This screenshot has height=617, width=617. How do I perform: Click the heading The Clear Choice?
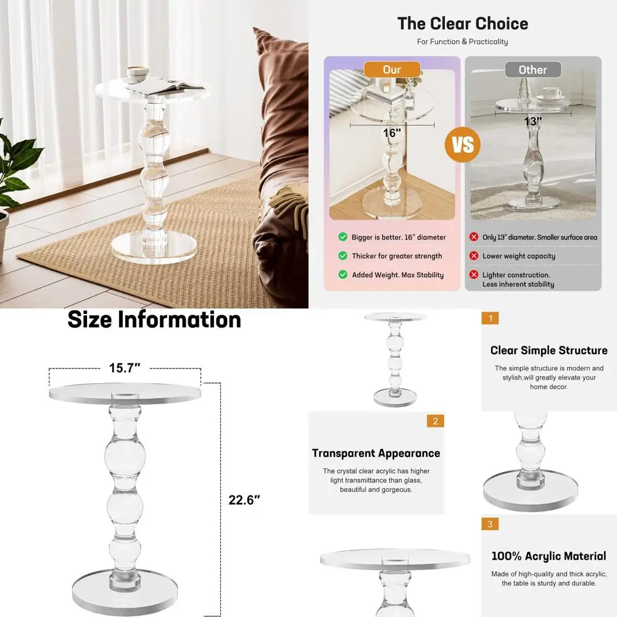click(462, 24)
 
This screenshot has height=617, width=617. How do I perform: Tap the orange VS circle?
click(463, 144)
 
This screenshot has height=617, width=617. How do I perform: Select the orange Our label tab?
click(392, 70)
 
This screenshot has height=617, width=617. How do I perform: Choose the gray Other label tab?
click(532, 70)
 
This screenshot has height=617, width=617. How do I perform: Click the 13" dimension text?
click(532, 122)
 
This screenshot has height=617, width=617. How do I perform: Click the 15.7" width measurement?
click(125, 368)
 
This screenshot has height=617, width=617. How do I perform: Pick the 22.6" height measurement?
click(244, 500)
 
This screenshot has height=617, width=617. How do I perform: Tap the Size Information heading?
click(154, 320)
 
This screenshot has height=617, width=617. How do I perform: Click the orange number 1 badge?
click(490, 318)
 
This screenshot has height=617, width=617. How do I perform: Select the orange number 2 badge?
click(435, 421)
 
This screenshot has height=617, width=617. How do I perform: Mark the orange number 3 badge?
click(490, 524)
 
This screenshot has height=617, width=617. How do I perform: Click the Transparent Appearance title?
click(376, 453)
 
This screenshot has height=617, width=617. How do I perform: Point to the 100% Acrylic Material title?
click(549, 556)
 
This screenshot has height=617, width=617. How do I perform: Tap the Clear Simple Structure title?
click(549, 350)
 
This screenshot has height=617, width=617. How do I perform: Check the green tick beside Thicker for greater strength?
click(342, 255)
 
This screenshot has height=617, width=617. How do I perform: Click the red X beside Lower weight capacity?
click(474, 255)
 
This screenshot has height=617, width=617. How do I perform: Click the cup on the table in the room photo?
click(136, 74)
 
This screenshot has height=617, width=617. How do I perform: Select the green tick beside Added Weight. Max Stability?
click(342, 275)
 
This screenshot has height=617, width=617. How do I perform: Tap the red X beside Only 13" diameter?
click(474, 237)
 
